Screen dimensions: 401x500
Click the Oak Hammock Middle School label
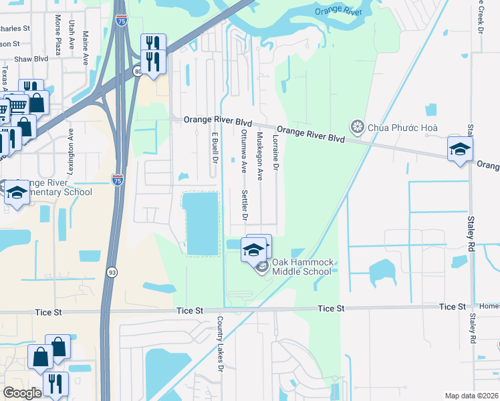[x=303, y=267]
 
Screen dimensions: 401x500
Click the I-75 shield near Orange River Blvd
[x=117, y=179]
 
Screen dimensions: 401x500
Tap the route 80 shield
[x=138, y=71]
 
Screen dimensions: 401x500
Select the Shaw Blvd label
[x=32, y=59]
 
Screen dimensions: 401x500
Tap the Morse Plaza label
[x=58, y=44]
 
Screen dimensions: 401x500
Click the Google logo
[x=22, y=393]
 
